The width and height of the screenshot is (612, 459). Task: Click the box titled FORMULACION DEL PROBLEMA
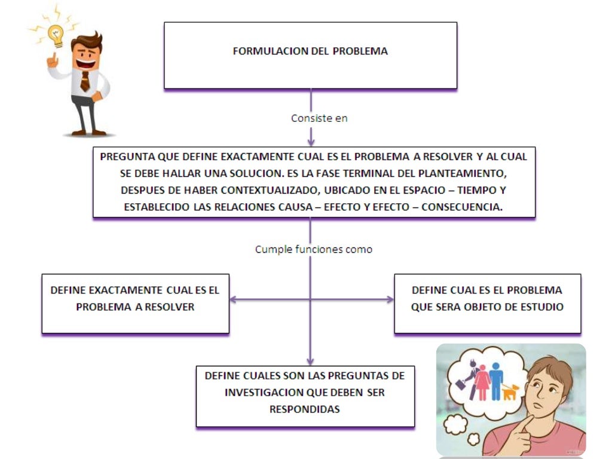[x=310, y=55]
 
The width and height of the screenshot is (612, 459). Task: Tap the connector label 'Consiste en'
[x=319, y=118]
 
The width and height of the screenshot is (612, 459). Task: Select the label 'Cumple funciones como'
[x=313, y=249]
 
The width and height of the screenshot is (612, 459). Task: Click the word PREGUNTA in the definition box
[x=127, y=157]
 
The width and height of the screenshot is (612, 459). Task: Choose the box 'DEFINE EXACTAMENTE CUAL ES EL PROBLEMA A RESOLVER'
[x=135, y=303]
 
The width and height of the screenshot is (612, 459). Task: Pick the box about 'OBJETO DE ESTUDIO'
[x=487, y=303]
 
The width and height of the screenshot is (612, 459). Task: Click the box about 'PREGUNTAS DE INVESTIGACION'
[x=305, y=396]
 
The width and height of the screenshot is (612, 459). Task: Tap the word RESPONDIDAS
[x=305, y=409]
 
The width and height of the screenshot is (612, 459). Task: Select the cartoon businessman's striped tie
[x=85, y=80]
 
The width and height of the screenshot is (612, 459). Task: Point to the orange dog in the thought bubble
[x=510, y=392]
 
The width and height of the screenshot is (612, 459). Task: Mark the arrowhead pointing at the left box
[x=233, y=300]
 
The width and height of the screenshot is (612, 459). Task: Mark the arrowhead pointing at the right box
[x=390, y=300]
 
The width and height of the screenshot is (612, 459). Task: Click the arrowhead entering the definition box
[x=311, y=142]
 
